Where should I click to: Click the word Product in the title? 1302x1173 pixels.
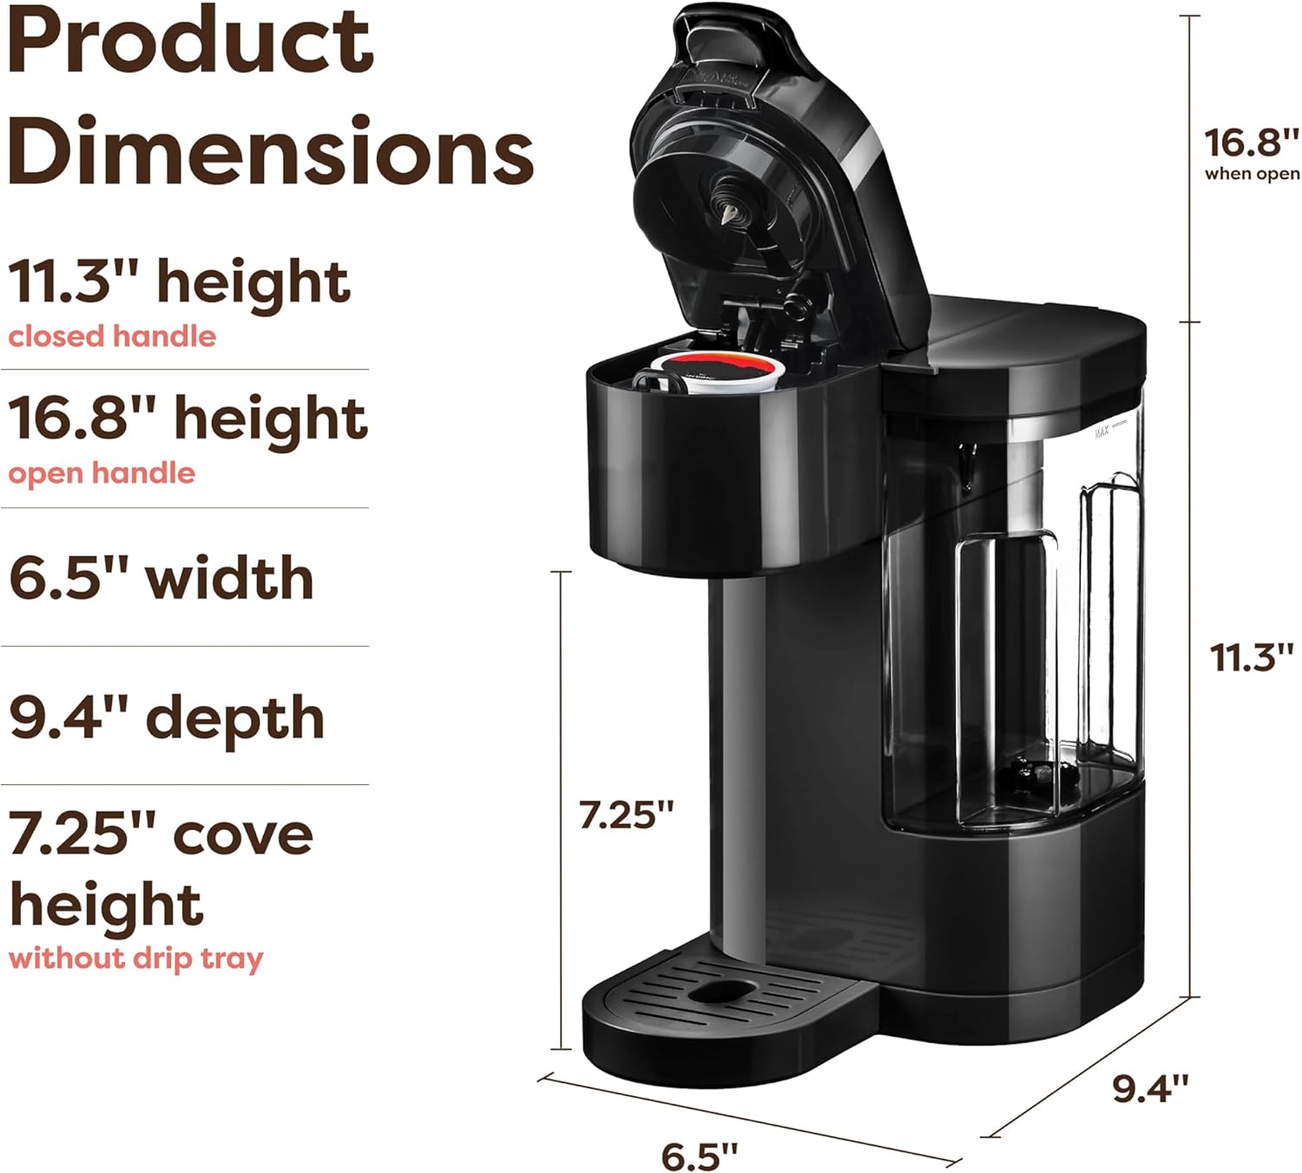coord(191,43)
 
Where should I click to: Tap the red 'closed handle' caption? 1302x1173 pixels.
coord(112,336)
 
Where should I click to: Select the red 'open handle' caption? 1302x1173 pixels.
coord(102,473)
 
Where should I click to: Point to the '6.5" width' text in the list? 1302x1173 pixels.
coord(161,579)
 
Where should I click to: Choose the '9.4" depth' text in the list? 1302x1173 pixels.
coord(167,718)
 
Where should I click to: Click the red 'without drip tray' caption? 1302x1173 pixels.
coord(135,959)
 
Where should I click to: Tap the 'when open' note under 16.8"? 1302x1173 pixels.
coord(1252,174)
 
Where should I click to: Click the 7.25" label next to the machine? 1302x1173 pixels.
coord(626,815)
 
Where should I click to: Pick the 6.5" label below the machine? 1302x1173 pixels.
coord(699,1157)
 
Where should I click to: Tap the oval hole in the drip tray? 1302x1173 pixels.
coord(725,990)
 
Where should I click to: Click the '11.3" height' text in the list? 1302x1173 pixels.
coord(179,283)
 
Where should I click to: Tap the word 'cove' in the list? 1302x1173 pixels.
coord(243,835)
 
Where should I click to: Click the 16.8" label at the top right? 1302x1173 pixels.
coord(1252,142)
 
